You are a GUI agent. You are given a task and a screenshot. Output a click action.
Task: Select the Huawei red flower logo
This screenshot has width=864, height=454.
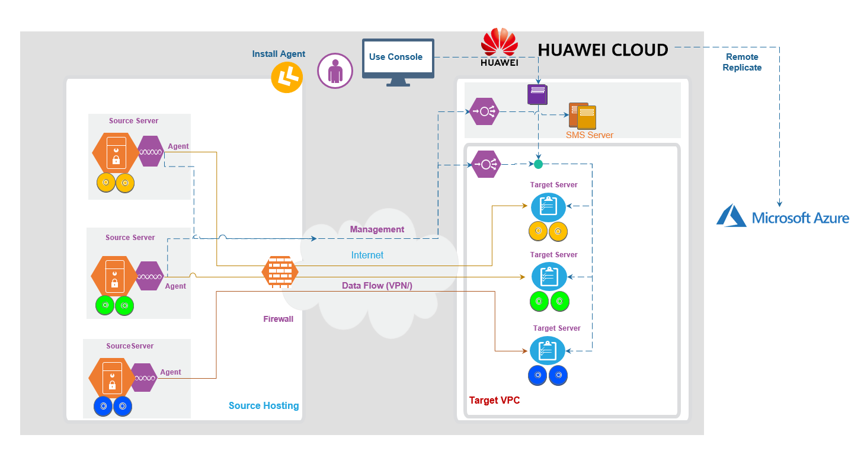point(499,43)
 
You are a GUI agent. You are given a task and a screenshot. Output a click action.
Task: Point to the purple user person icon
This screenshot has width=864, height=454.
point(335,71)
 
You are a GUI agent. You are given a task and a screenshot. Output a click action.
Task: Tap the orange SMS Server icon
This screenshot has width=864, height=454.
point(583,116)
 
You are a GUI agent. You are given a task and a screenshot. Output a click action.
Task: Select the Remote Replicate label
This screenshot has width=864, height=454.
point(742,62)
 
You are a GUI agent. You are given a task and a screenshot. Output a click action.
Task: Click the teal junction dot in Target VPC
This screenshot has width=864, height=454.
point(538,164)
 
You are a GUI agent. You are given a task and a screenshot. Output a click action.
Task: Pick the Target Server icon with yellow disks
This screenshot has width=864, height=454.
point(549,206)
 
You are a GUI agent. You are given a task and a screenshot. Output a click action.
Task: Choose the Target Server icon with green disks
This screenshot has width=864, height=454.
point(549,276)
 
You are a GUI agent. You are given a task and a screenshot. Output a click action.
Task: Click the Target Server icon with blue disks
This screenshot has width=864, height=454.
point(548,350)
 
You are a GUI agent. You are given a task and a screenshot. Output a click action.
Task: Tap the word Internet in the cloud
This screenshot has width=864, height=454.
point(367,255)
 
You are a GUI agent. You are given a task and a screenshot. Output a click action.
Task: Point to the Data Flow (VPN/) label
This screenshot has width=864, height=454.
point(377,286)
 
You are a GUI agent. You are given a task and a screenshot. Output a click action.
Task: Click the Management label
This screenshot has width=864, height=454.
point(377,229)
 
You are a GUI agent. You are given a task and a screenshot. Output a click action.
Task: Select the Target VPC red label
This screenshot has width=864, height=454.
point(494,400)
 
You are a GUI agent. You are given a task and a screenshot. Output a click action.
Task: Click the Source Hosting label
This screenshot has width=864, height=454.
point(264,405)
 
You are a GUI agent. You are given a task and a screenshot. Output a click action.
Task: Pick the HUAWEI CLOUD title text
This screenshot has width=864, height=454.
point(603,50)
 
